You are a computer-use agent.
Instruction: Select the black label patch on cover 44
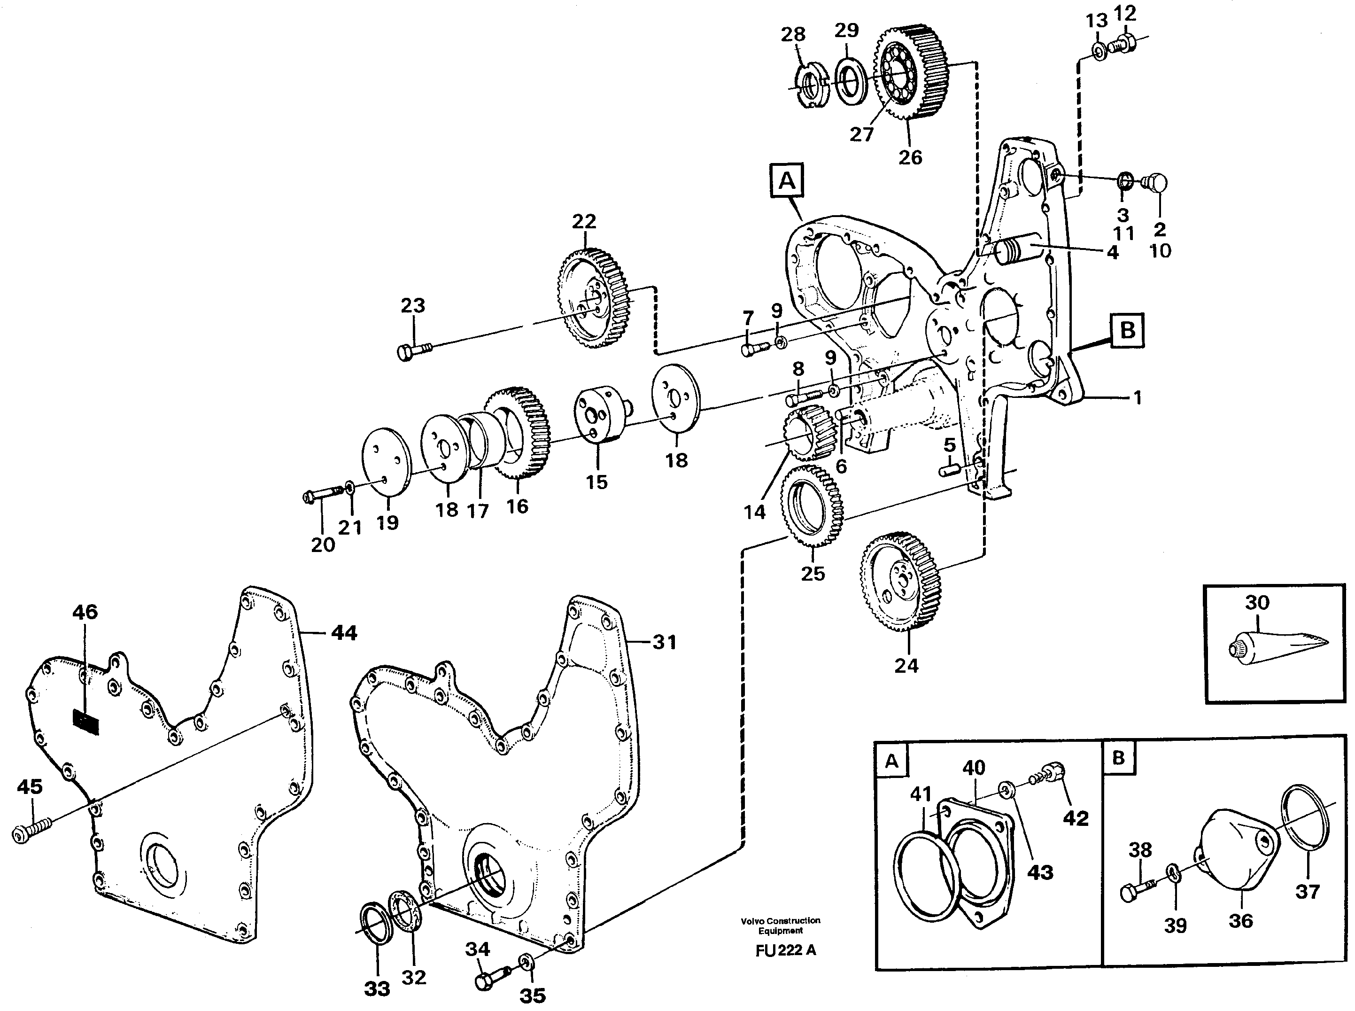[85, 722]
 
